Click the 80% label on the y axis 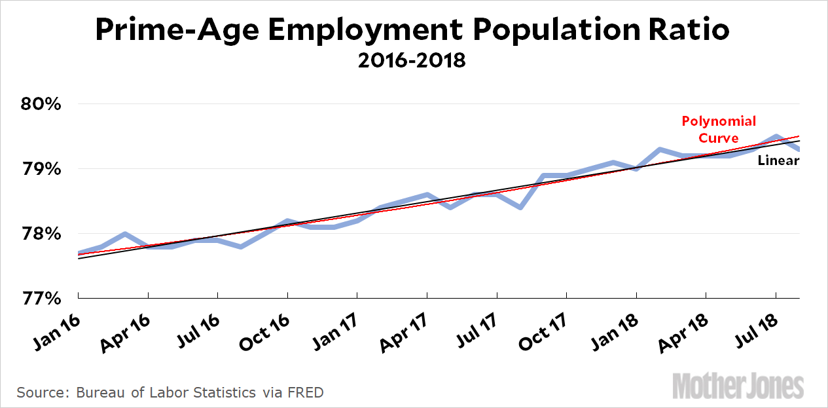pyautogui.click(x=42, y=105)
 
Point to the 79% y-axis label pyautogui.click(x=42, y=169)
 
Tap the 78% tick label pyautogui.click(x=42, y=234)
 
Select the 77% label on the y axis pyautogui.click(x=42, y=298)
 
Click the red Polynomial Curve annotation pyautogui.click(x=719, y=129)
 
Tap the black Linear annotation pyautogui.click(x=778, y=160)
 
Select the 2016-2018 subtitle pyautogui.click(x=412, y=61)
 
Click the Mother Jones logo pyautogui.click(x=739, y=384)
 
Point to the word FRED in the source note pyautogui.click(x=307, y=393)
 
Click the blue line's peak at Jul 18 pyautogui.click(x=776, y=137)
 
